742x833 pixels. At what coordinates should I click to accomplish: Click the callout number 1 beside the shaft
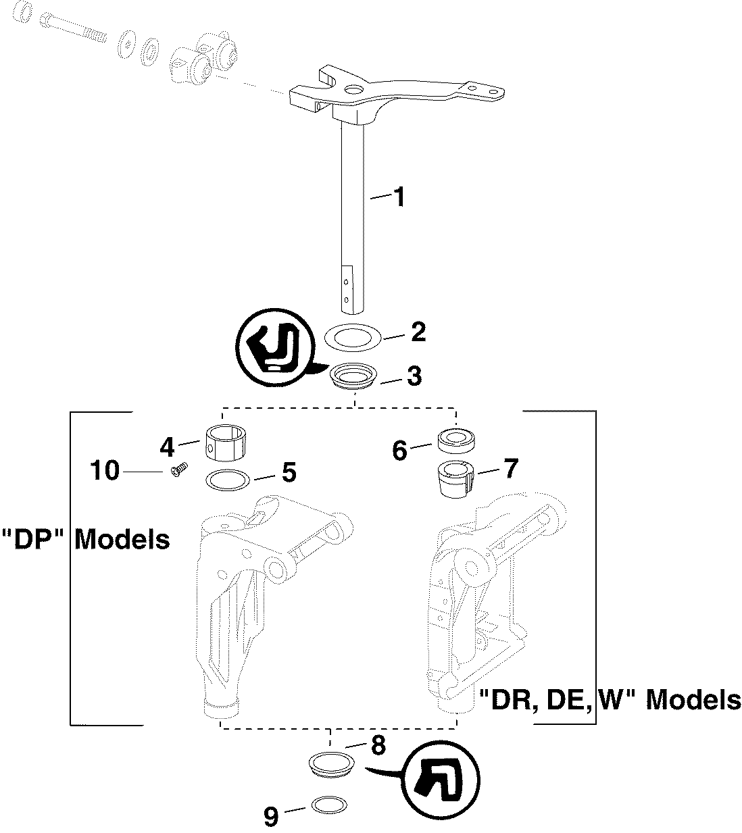point(398,197)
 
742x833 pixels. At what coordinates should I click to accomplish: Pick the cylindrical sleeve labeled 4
point(225,444)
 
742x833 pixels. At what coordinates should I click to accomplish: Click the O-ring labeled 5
point(228,480)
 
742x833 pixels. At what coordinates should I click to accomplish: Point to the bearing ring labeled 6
point(456,440)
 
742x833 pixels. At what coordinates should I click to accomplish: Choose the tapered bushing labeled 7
point(455,478)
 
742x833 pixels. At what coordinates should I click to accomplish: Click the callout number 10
point(105,470)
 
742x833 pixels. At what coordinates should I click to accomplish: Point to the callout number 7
point(510,468)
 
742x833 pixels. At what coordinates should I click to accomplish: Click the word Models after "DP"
point(122,539)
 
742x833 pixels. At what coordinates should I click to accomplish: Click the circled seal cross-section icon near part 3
point(275,348)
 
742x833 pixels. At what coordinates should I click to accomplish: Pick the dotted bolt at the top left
point(73,28)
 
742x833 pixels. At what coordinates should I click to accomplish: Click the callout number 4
point(167,447)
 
